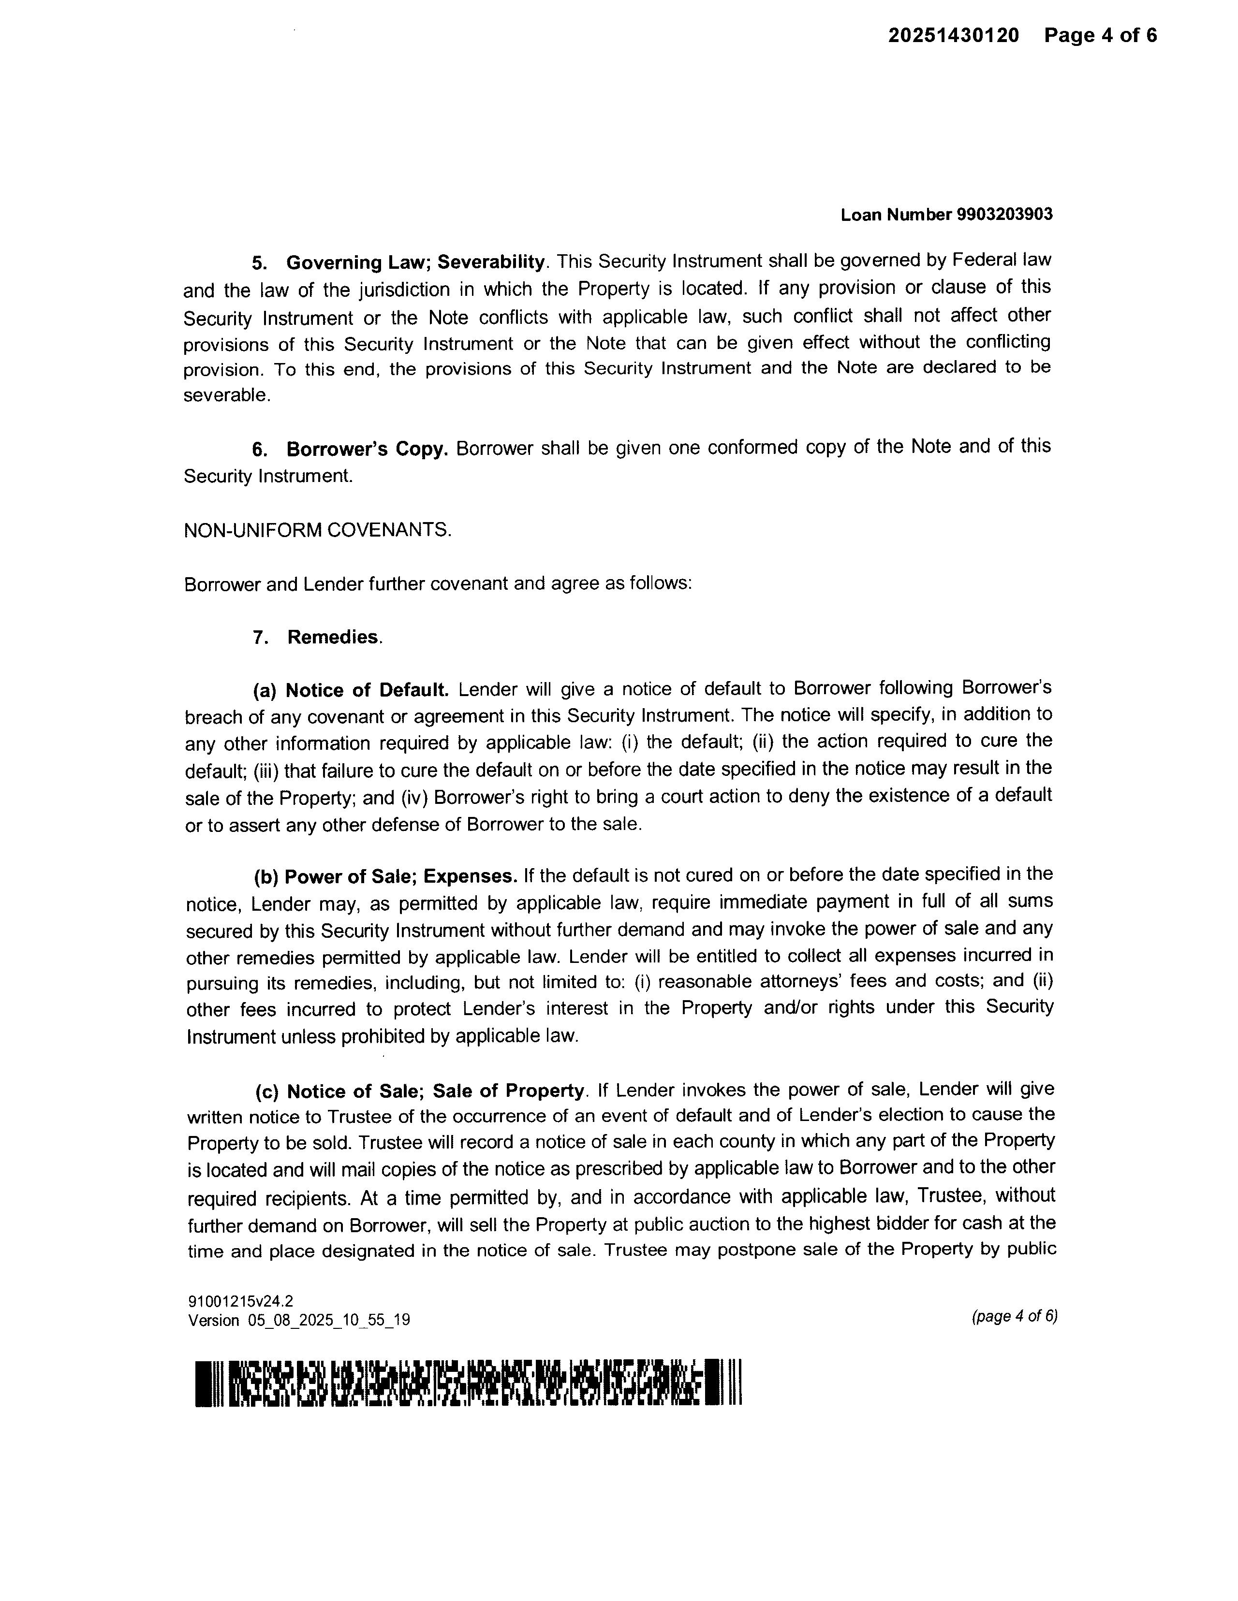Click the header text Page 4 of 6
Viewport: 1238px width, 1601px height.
tap(1100, 35)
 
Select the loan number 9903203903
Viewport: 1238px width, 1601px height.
tap(1005, 214)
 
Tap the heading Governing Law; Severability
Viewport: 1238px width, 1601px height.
tap(415, 262)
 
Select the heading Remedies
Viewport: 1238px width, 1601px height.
tap(333, 637)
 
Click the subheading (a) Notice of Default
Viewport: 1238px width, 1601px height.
tap(351, 690)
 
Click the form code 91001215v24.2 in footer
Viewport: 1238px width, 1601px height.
tap(240, 1301)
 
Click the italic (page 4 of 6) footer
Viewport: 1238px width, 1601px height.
tap(1014, 1316)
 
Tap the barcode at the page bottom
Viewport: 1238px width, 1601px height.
tap(470, 1384)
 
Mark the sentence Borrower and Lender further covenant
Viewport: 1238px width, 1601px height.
tap(438, 584)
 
